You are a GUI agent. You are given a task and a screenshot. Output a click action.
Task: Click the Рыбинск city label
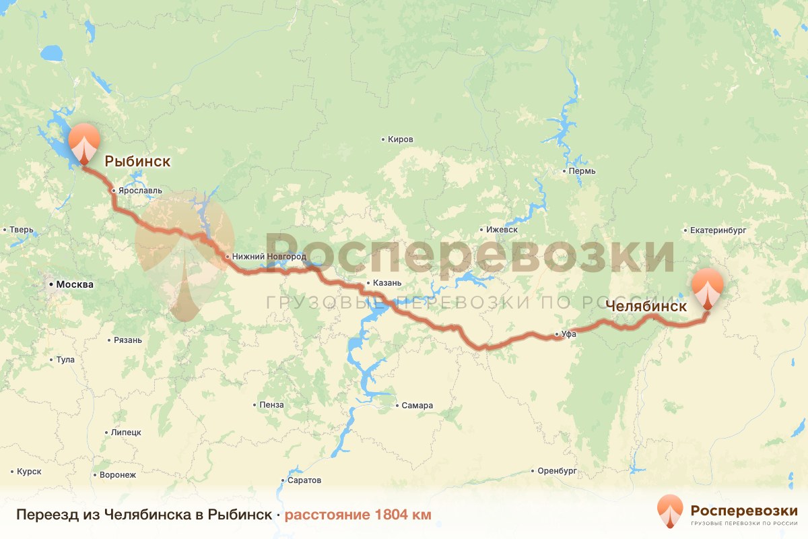[137, 162]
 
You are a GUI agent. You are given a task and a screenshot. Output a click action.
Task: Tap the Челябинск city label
[646, 306]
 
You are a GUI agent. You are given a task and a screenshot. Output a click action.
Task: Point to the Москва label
[75, 284]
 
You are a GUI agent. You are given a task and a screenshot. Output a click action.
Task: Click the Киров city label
[401, 139]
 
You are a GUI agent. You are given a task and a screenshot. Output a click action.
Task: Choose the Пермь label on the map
[582, 171]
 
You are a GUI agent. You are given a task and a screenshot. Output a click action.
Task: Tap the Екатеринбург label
[718, 230]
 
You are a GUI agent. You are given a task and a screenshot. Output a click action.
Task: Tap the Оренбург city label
[557, 471]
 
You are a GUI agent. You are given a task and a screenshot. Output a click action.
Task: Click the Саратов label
[304, 481]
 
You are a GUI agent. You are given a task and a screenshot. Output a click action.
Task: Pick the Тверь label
[21, 230]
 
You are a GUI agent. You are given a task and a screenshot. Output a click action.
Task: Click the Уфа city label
[569, 334]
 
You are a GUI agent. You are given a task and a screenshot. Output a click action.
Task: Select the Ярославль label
[140, 191]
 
